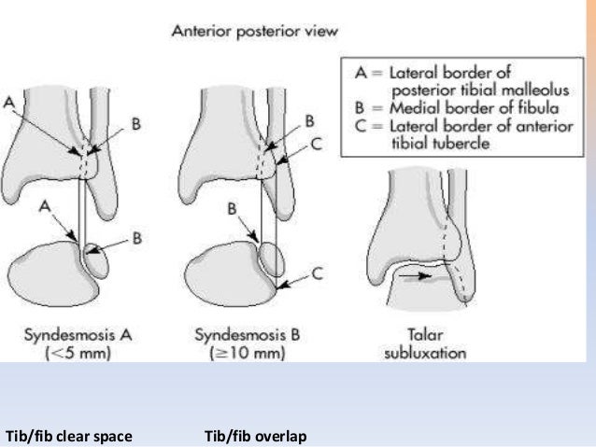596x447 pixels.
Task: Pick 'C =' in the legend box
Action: point(358,131)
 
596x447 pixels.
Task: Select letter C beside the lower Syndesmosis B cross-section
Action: point(316,272)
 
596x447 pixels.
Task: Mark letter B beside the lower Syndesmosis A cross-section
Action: point(136,239)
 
